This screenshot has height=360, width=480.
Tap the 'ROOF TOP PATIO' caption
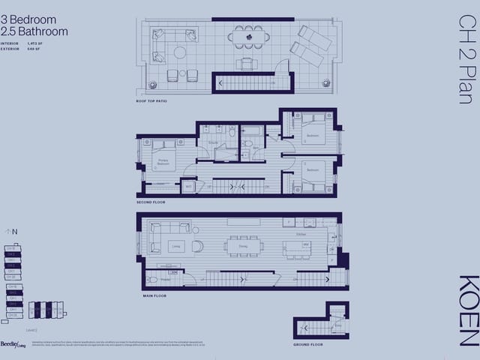coord(152,100)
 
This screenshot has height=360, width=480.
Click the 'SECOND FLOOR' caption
coord(151,202)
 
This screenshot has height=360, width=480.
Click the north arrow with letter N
coord(11,232)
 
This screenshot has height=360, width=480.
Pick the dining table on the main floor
coord(244,245)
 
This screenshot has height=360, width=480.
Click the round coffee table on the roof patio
coord(180,52)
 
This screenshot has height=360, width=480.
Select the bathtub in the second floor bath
coord(251,130)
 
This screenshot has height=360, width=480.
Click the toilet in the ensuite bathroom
coord(232,133)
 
